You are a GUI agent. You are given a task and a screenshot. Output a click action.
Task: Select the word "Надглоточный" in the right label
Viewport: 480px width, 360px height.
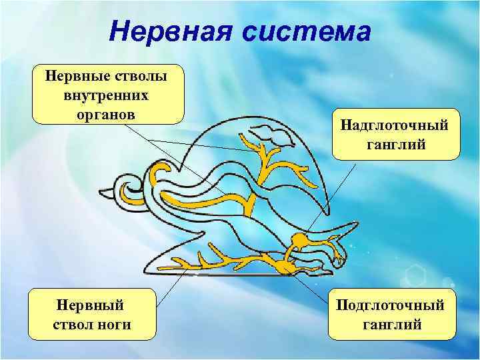pos(396,125)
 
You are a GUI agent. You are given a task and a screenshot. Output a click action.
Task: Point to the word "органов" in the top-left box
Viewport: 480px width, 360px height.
pos(107,113)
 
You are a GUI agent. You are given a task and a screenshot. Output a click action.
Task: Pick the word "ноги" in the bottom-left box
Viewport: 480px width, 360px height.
pos(114,325)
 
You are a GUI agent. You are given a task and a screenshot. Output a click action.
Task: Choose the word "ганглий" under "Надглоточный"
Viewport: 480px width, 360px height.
pos(396,144)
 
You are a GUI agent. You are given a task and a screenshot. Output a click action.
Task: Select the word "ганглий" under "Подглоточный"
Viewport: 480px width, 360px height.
pos(391,325)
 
